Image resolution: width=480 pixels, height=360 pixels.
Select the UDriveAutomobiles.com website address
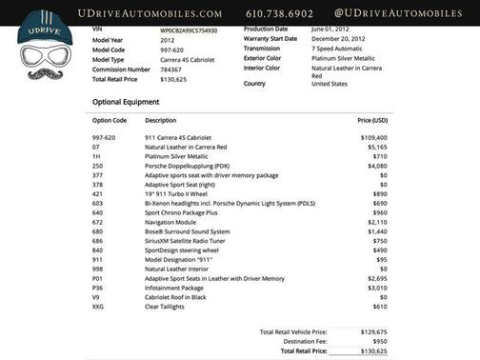tap(143, 13)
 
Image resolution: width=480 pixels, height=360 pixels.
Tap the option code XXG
tap(99, 306)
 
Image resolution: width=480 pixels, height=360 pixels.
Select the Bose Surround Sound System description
tap(188, 231)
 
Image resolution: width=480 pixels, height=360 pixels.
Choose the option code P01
tap(98, 277)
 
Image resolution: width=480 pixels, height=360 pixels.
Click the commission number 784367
tap(170, 69)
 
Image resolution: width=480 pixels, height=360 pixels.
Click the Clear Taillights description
tap(165, 306)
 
